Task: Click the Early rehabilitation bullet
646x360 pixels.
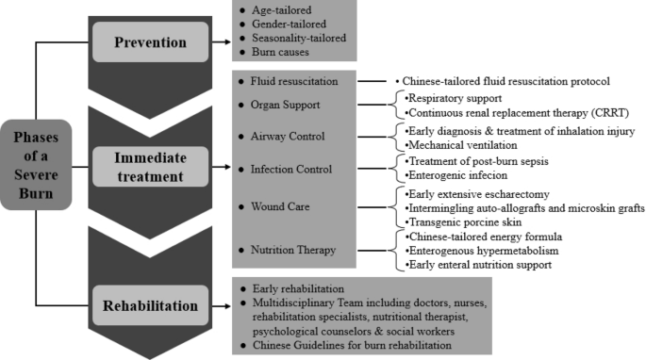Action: tap(297, 287)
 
